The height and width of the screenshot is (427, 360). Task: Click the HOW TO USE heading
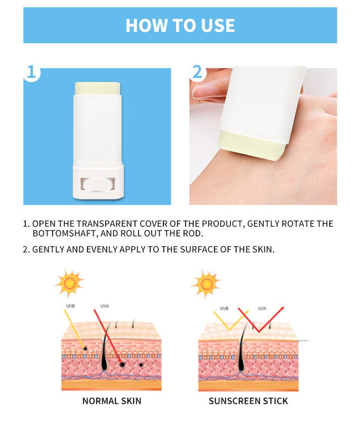coord(180,25)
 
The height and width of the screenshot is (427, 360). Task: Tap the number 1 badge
coord(31,72)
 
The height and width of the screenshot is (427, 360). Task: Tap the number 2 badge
coord(197,72)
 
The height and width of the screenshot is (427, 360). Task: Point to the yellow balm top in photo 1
coord(98,88)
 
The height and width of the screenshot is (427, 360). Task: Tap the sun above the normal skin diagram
coord(69,283)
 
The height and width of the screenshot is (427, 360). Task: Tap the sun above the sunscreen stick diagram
coord(206,283)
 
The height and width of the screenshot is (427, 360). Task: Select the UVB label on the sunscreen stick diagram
coord(224,308)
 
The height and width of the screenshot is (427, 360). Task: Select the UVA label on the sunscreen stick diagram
coord(262,308)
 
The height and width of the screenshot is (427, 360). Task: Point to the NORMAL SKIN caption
coord(112,401)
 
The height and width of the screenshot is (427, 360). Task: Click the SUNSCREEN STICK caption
coord(248,401)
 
